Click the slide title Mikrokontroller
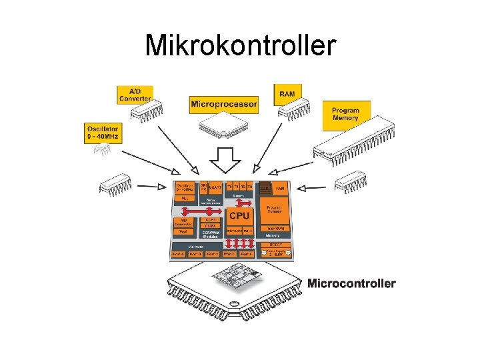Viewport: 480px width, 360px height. [240, 45]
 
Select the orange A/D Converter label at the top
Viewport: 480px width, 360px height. [135, 95]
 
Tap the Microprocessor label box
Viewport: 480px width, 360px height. [224, 104]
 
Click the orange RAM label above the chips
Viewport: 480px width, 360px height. [287, 93]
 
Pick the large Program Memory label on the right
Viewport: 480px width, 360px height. [345, 114]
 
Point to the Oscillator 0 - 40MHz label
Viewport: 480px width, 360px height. [102, 133]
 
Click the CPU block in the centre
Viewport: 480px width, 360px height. [239, 216]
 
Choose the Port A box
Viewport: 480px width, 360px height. [178, 254]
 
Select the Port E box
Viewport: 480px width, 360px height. [247, 254]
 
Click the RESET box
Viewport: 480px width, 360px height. [276, 245]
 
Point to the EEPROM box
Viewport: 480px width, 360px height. [276, 227]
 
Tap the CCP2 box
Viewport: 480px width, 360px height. [211, 225]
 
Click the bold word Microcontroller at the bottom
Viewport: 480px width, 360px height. [351, 283]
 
